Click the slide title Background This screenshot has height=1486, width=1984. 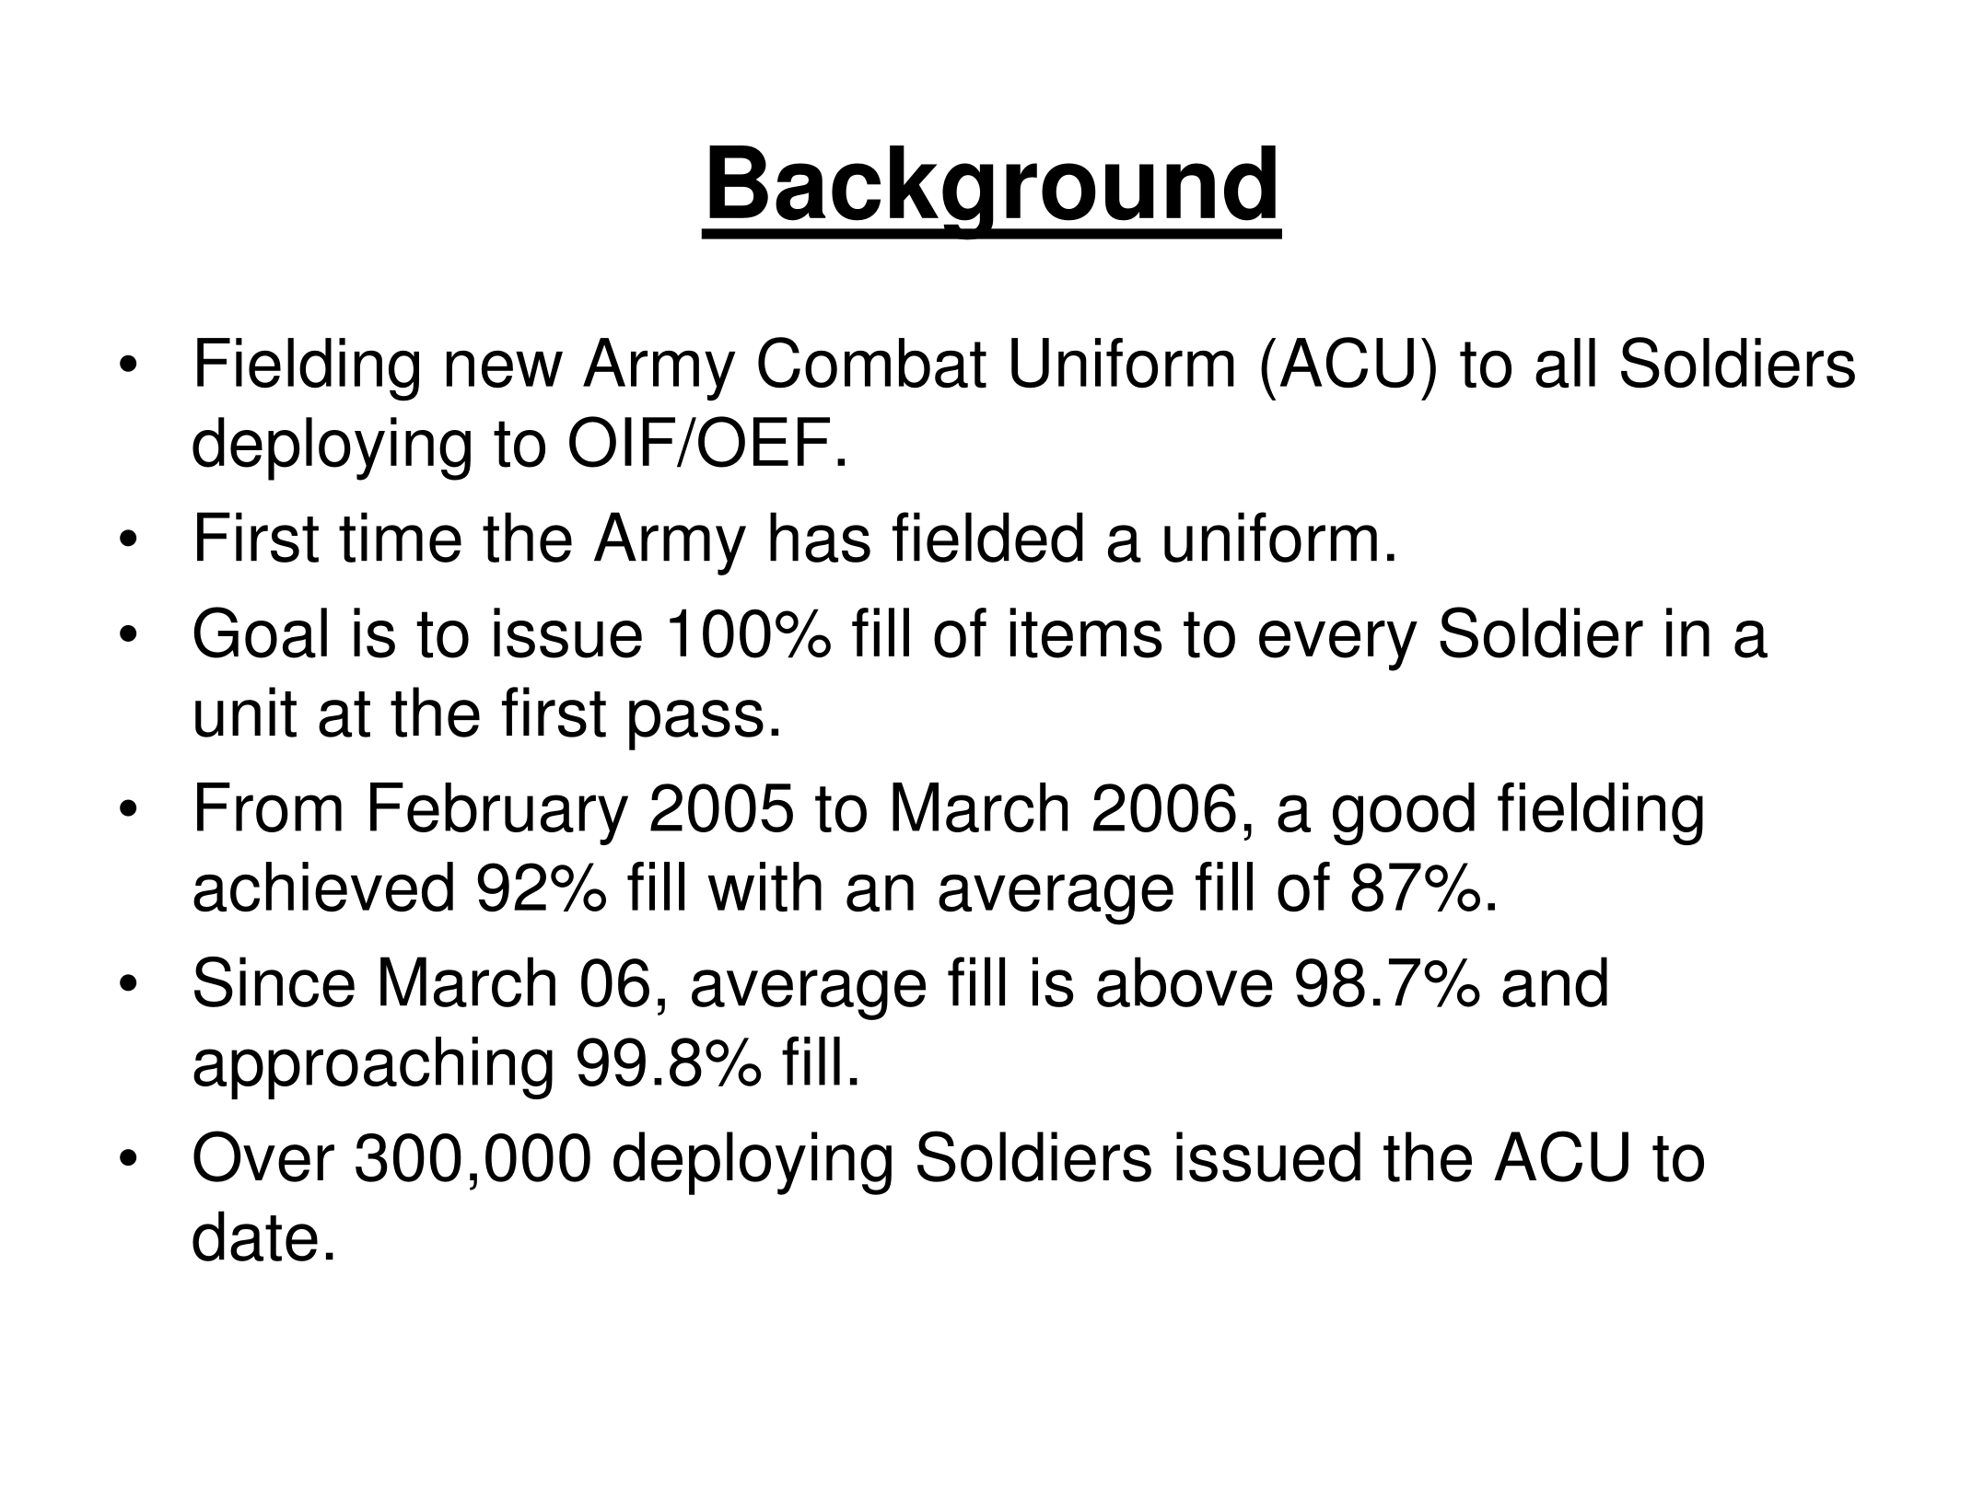(992, 190)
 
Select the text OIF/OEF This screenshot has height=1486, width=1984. (706, 445)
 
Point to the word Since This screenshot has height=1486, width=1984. (274, 983)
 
